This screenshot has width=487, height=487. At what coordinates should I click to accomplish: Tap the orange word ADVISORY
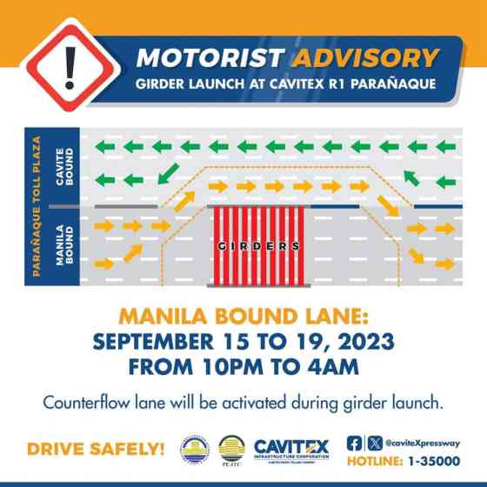(x=364, y=58)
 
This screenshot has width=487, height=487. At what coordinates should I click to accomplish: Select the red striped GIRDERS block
(x=257, y=245)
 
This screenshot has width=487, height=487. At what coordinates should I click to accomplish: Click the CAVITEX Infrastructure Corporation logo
(x=291, y=450)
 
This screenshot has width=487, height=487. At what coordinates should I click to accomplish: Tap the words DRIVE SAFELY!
(x=96, y=450)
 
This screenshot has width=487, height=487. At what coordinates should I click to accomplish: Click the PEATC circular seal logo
(x=232, y=450)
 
